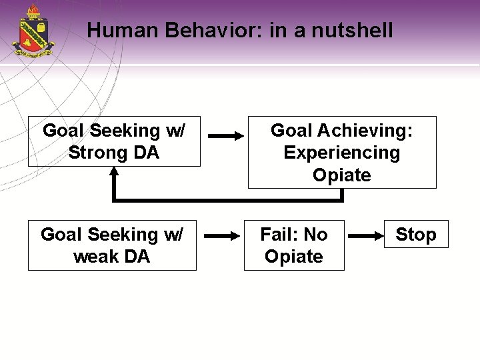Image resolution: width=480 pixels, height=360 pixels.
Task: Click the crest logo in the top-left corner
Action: (x=33, y=31)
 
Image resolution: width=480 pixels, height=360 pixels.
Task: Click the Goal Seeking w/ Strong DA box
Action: (x=114, y=142)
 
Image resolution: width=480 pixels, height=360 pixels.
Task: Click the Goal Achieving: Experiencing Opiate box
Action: (x=342, y=153)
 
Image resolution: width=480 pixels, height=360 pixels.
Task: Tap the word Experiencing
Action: (x=342, y=153)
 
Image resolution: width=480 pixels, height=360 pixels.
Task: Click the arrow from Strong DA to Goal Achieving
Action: (x=226, y=136)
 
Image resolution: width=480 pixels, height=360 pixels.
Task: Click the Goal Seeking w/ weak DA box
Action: (x=112, y=245)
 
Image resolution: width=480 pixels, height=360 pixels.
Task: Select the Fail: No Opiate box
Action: (x=294, y=245)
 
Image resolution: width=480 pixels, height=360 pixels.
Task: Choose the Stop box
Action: (x=416, y=235)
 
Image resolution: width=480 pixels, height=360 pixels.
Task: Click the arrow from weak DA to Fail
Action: (x=221, y=235)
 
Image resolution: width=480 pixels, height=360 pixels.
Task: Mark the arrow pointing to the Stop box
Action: (x=366, y=235)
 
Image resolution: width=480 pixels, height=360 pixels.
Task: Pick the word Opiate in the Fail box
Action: (x=294, y=257)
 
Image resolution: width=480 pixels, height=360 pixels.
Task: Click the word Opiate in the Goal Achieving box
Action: (x=342, y=175)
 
